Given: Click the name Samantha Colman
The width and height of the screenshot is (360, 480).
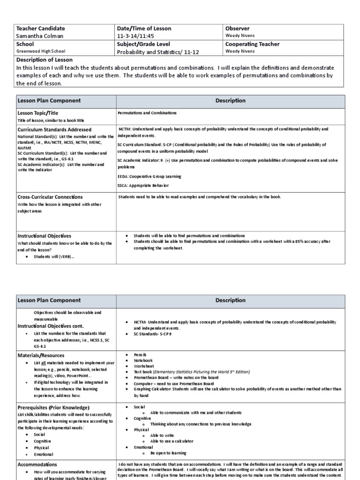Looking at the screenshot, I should [x=37, y=36].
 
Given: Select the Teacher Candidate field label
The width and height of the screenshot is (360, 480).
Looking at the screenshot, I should [x=41, y=29].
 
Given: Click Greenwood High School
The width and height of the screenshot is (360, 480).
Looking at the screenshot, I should [x=41, y=52].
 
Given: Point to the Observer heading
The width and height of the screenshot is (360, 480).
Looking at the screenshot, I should [x=238, y=29].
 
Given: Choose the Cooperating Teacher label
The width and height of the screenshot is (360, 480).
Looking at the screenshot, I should [x=253, y=44].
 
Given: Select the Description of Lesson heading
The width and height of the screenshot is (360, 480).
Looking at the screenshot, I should [x=45, y=60].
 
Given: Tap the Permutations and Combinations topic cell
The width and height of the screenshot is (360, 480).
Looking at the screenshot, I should [x=147, y=113].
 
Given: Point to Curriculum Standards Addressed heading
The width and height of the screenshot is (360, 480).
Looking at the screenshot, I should [x=54, y=129].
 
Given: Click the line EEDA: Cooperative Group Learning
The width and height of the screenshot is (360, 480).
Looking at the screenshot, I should [x=149, y=176].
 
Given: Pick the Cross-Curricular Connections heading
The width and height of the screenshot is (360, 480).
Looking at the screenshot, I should [x=50, y=197].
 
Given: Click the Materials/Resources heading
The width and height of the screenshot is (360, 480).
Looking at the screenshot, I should [x=41, y=355].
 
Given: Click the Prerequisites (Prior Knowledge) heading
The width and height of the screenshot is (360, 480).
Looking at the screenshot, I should [x=53, y=407].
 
